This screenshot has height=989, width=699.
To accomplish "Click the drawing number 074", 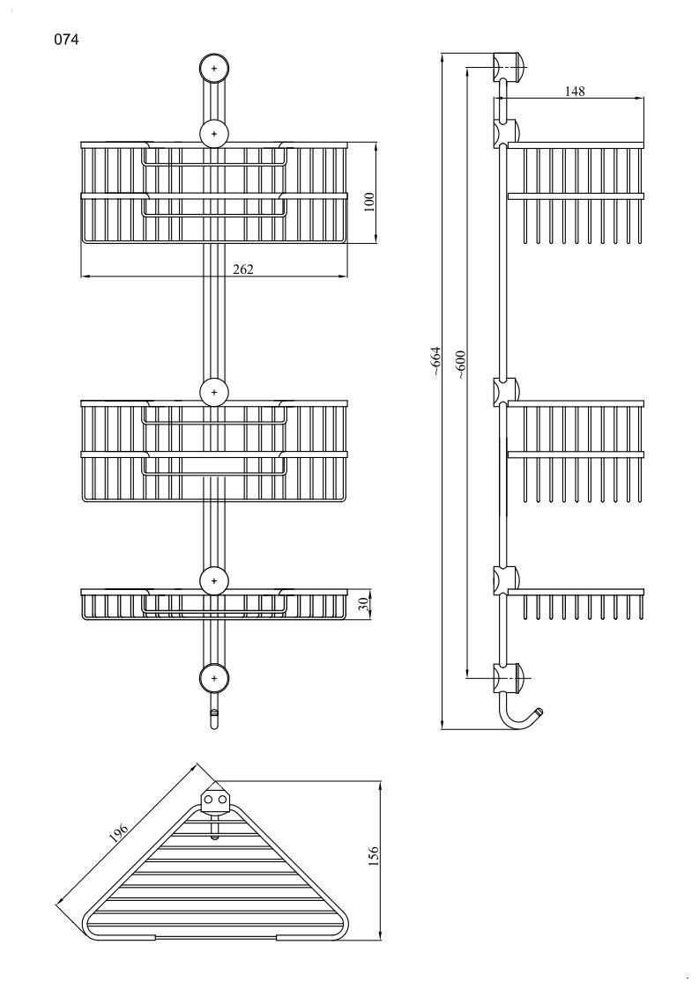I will tap(68, 40).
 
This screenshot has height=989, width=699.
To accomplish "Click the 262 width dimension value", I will tap(243, 269).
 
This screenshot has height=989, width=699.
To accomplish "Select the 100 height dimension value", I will tap(369, 201).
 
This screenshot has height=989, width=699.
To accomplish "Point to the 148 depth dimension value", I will tap(575, 91).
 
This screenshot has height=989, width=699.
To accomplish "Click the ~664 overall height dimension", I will tap(435, 363).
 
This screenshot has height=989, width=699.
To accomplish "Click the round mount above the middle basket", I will tap(214, 390).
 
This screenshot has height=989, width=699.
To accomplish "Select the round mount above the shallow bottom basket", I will tap(214, 580).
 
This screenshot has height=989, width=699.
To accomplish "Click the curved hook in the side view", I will tap(520, 714).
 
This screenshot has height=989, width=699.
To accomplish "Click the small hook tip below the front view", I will tap(213, 720).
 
